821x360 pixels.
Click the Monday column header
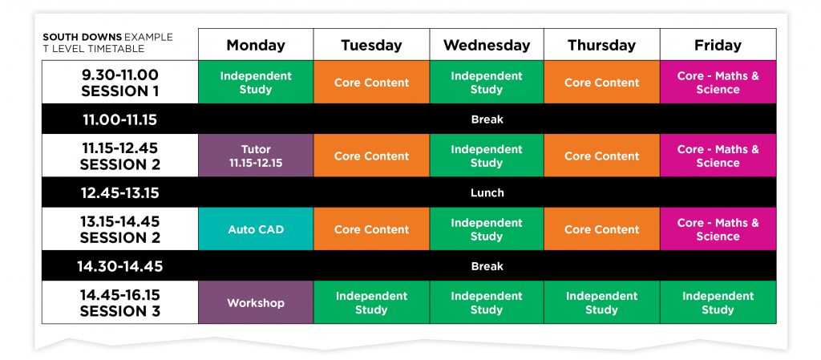256,45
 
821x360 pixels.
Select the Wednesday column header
487,45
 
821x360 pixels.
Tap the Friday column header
718,45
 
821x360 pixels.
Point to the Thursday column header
601,45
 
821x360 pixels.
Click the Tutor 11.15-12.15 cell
256,156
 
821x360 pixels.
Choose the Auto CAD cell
256,229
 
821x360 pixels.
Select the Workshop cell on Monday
256,303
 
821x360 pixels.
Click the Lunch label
487,192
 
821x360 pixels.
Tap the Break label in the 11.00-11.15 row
487,119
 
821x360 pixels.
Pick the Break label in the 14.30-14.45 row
487,266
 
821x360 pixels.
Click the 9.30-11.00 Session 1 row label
120,83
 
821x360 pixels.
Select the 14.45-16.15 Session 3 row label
120,303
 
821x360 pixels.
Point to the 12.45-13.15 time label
120,192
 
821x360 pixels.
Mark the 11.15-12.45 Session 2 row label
120,156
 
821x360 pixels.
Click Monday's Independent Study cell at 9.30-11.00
256,83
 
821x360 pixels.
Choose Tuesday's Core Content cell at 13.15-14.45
371,229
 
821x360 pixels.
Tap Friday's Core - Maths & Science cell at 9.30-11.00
718,83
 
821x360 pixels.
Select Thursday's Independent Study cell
601,303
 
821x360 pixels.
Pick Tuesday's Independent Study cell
371,303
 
